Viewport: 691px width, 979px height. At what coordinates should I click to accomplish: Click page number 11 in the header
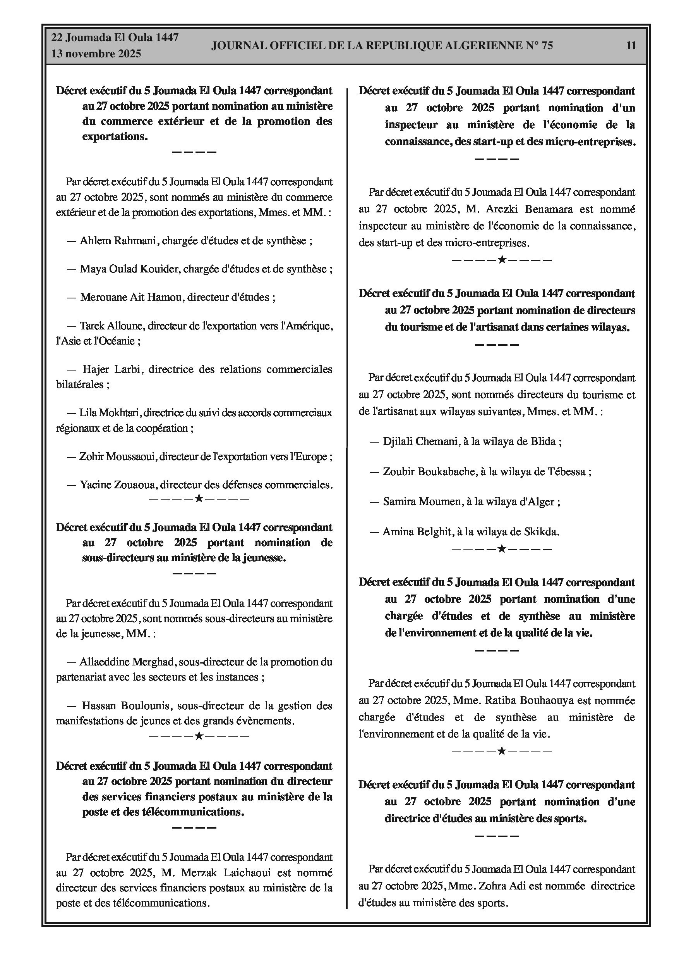pos(631,45)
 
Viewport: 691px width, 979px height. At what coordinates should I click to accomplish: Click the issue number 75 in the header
pos(547,46)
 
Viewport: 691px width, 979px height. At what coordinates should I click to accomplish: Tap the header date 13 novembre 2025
pos(96,54)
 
